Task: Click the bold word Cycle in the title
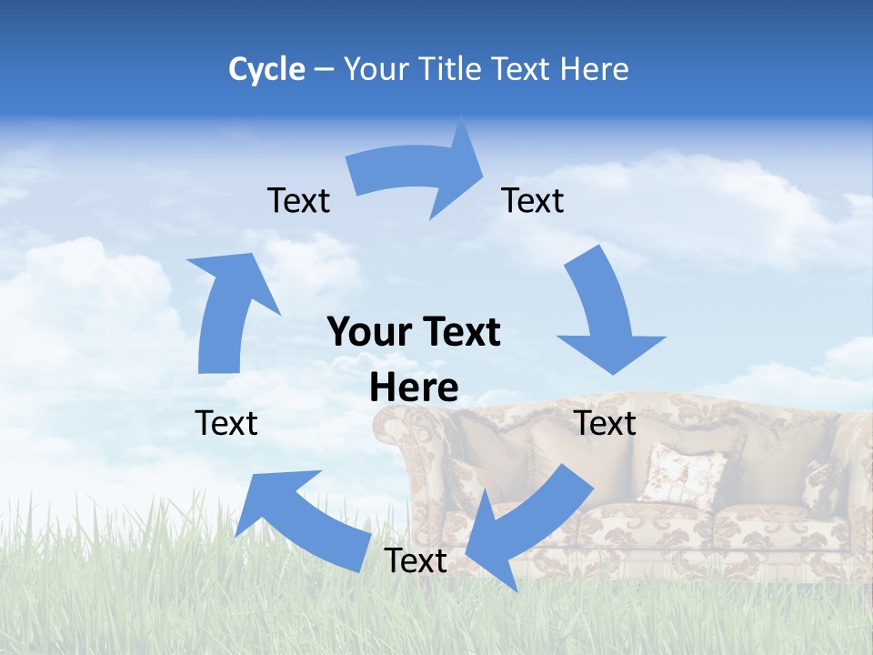point(266,69)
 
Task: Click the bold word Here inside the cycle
point(414,388)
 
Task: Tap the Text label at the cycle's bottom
point(416,560)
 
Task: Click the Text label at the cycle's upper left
point(298,200)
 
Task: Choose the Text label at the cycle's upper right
point(533,200)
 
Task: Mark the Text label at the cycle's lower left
point(226,423)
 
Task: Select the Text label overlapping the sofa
point(605,423)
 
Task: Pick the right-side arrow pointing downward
point(606,318)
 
